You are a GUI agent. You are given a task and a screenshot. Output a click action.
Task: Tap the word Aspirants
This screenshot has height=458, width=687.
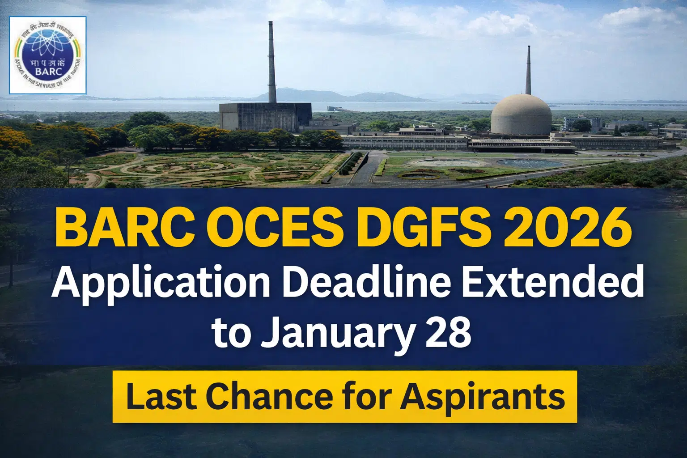[x=482, y=397]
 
